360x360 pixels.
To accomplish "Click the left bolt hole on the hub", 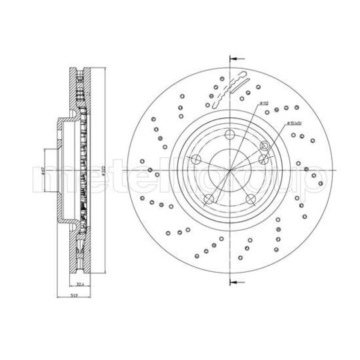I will (x=196, y=159).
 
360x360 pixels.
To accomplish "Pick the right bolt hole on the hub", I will (x=264, y=159).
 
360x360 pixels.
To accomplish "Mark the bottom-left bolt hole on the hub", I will (x=208, y=199).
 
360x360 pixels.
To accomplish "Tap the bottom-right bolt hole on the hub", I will (x=251, y=199).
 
